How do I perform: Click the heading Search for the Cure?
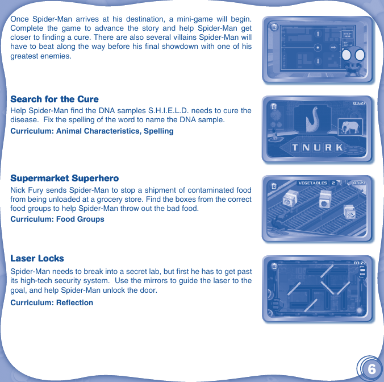tap(55, 99)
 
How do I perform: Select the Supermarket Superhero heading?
tap(65, 178)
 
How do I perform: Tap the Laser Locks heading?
tap(37, 258)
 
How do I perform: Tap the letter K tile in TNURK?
tap(339, 148)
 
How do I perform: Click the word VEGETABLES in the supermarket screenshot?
tap(313, 183)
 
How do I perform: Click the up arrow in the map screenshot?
tap(318, 35)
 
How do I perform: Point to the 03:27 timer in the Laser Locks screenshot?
tap(359, 263)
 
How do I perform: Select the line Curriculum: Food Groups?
tap(57, 219)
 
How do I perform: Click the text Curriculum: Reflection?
tap(52, 302)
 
